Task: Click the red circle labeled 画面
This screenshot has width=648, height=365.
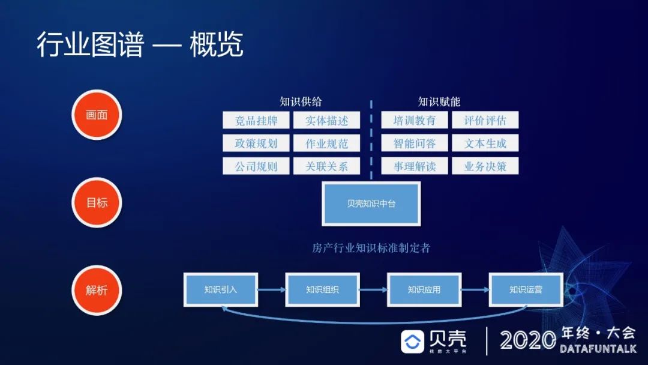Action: coord(97,115)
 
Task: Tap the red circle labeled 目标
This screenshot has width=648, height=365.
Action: coord(97,202)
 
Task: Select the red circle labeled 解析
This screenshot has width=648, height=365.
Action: coord(97,290)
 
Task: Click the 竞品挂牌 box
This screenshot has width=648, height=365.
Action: coord(256,121)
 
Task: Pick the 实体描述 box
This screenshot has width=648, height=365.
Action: coord(326,121)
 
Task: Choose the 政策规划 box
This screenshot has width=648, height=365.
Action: coord(256,143)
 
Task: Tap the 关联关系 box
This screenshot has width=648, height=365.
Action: coord(326,166)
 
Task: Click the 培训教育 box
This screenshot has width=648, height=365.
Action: coord(415,121)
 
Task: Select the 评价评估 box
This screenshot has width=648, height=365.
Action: coord(485,121)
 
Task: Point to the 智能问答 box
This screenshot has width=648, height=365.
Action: coord(415,143)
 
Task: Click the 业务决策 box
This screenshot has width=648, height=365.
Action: coord(485,166)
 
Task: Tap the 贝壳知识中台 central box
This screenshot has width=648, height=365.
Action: coord(371,204)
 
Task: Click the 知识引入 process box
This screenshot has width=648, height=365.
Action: coord(221,289)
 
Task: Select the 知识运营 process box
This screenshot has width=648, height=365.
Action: coord(526,289)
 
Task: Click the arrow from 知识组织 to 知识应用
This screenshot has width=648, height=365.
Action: coord(373,290)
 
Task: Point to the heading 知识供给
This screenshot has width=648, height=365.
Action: coord(301,101)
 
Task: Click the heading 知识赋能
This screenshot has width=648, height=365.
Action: coord(439,101)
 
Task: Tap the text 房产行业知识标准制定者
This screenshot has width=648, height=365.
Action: coord(371,248)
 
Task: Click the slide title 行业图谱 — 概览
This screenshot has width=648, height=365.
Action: coord(140,46)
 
